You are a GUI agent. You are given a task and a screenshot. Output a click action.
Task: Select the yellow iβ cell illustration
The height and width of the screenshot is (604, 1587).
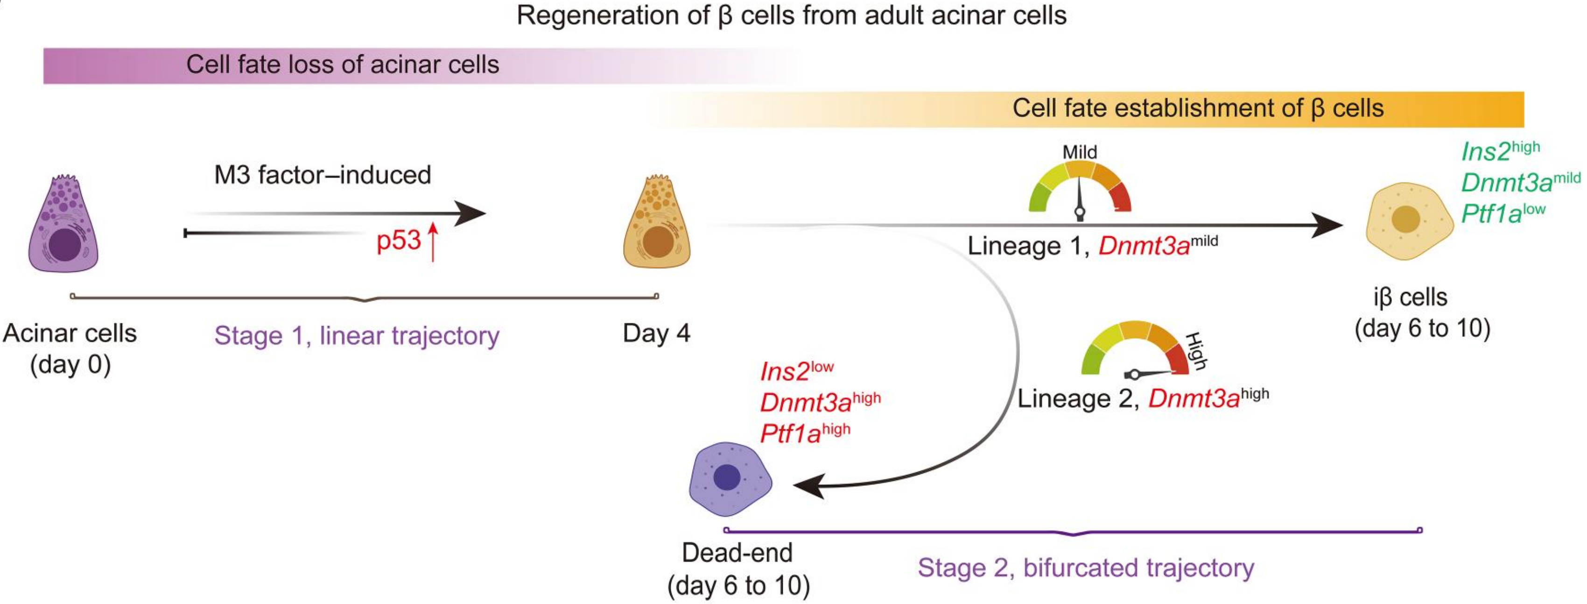[1408, 220]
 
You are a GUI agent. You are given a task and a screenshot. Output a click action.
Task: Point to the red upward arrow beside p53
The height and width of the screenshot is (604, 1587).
[433, 242]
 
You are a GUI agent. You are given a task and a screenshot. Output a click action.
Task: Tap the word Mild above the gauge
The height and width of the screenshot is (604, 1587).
[1079, 152]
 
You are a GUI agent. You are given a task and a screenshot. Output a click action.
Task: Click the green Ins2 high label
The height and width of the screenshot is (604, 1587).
[1500, 150]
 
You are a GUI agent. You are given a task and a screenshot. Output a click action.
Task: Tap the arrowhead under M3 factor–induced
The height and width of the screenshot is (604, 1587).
[471, 213]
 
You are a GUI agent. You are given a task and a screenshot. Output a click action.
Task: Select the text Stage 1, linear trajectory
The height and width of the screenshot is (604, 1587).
[357, 336]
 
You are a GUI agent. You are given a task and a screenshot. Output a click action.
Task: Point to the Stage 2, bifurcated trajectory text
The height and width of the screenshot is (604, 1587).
[1086, 568]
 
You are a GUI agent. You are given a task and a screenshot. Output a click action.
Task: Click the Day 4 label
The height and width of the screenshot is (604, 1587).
[656, 334]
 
